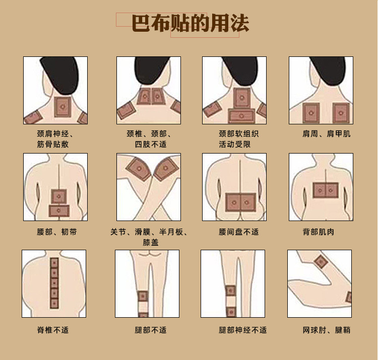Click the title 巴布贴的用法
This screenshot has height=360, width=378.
coord(191,23)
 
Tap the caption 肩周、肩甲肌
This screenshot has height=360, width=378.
coord(327,133)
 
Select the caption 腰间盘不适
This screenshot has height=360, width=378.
coord(239,232)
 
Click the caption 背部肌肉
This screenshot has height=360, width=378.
coord(318,232)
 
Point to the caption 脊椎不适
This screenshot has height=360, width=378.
coord(53,330)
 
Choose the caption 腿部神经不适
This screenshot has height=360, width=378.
coord(243,330)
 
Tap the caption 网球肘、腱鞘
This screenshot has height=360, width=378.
coord(327,330)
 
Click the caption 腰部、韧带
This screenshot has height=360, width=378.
coord(57,232)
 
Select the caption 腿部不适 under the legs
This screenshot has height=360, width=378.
coord(151,330)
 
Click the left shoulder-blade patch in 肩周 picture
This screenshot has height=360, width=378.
coord(311,113)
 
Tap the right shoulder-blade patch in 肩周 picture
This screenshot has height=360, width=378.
coord(341,113)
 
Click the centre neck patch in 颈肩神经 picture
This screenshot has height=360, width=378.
coord(62,107)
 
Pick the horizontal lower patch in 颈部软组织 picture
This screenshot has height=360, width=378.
coord(241,116)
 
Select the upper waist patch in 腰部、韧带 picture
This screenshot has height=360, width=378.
coord(59,196)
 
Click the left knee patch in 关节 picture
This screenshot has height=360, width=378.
coord(139,169)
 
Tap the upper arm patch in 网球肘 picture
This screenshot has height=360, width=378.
coord(321,262)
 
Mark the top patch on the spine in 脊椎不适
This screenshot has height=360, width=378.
coord(54,263)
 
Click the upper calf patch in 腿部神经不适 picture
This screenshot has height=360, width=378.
coord(231,291)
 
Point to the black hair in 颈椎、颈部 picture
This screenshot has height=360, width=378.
coord(152,71)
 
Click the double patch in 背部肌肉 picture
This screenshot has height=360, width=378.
coord(326,190)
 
